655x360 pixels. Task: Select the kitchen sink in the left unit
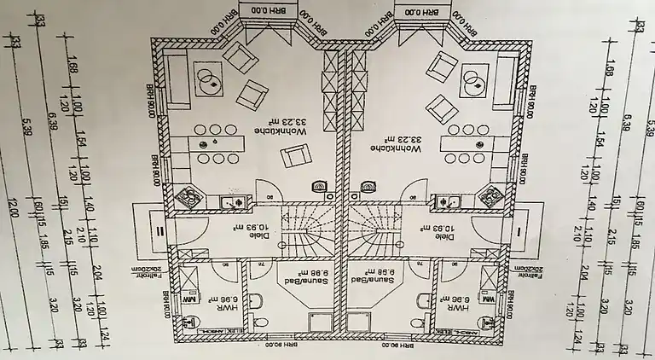[x=232, y=202]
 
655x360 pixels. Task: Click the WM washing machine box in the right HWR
[x=489, y=300]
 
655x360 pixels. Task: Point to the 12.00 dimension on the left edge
[x=13, y=207]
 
